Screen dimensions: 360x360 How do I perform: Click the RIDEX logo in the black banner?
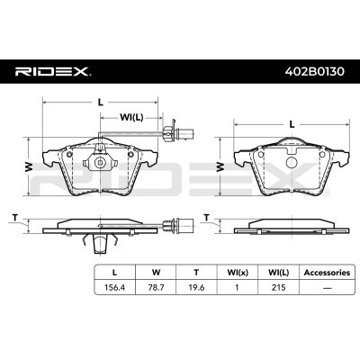[53, 71]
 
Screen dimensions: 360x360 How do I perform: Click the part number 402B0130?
[314, 71]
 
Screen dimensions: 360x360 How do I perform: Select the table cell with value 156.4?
[114, 287]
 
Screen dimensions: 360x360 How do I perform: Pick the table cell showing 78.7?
[156, 287]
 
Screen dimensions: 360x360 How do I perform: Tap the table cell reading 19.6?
[196, 287]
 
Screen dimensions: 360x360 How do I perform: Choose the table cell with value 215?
[278, 287]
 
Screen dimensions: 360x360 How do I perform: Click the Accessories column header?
[327, 273]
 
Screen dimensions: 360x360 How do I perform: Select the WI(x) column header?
[238, 273]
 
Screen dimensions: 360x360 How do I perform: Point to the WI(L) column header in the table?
[278, 273]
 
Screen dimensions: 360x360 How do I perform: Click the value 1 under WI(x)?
[237, 287]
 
